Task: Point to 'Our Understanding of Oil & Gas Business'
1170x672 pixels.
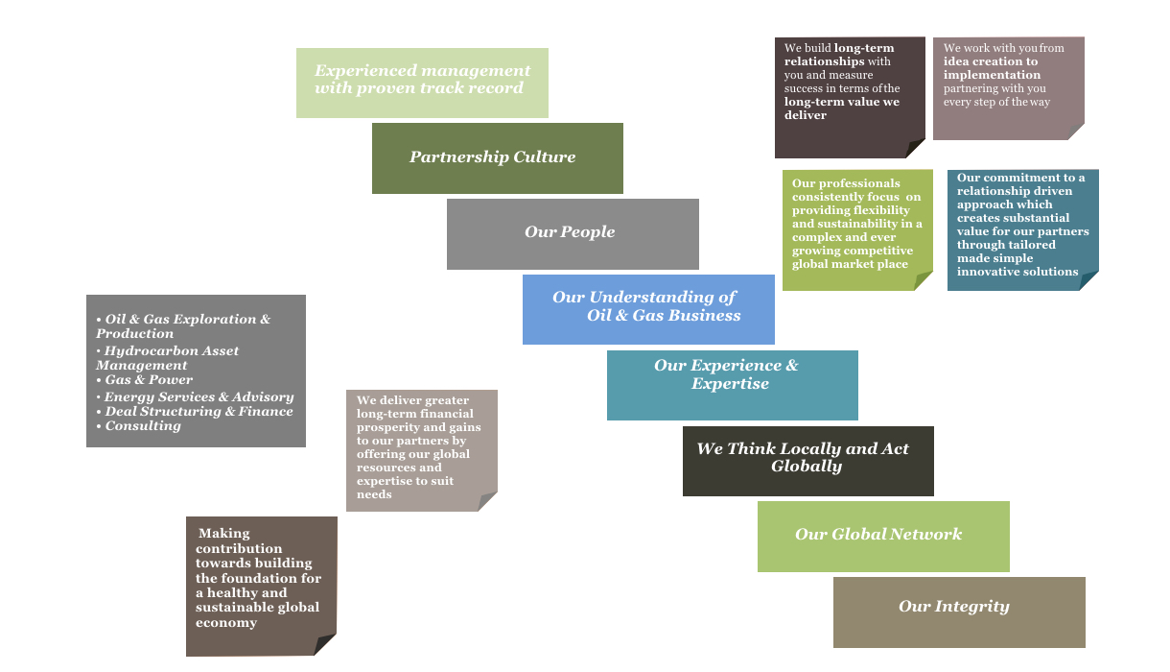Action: [x=648, y=308]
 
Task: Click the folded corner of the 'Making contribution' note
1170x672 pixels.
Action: [x=326, y=645]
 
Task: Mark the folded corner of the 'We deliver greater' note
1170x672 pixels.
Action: [x=487, y=501]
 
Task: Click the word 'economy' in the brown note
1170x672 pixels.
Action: [x=226, y=623]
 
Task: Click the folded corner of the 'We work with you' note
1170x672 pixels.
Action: [x=1075, y=131]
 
